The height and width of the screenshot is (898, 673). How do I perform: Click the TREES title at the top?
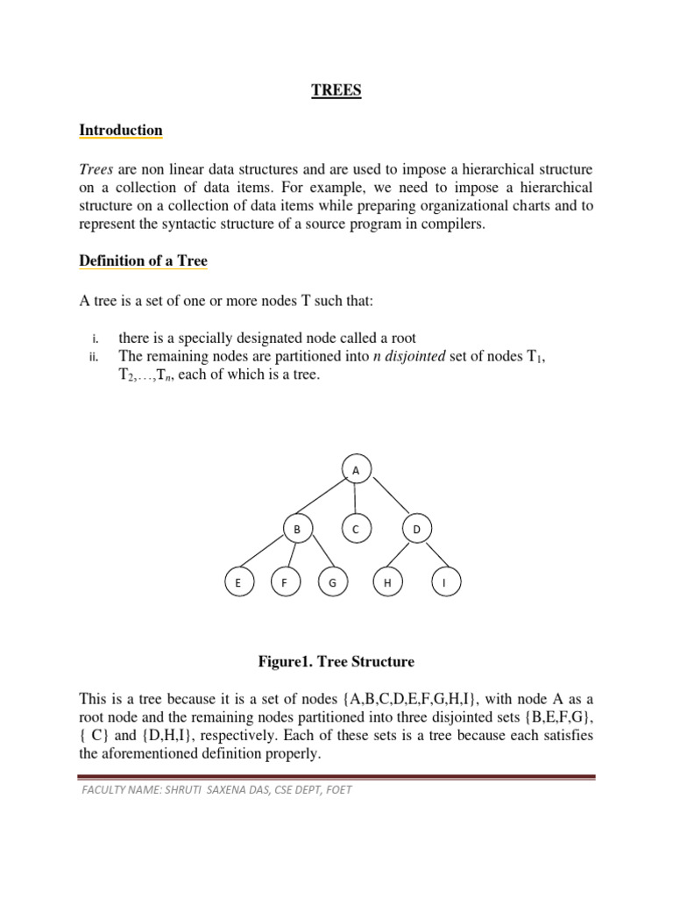pos(336,90)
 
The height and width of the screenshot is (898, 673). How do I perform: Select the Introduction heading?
pos(121,131)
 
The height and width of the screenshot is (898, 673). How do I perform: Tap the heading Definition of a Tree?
pos(143,260)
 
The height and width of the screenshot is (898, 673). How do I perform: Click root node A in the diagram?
pos(355,471)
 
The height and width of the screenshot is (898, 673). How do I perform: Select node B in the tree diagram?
pos(297,530)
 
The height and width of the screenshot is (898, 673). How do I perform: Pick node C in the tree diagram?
pos(355,530)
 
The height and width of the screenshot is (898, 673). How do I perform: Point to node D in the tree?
pos(416,530)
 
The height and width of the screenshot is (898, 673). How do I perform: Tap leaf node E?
pos(237,583)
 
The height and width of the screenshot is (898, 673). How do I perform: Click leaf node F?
pos(285,583)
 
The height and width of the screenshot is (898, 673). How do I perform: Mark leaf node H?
pos(386,583)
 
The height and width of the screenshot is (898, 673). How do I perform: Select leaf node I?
pos(445,583)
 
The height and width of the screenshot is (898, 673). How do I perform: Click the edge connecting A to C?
pos(355,500)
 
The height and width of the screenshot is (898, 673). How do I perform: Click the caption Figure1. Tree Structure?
pos(336,661)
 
